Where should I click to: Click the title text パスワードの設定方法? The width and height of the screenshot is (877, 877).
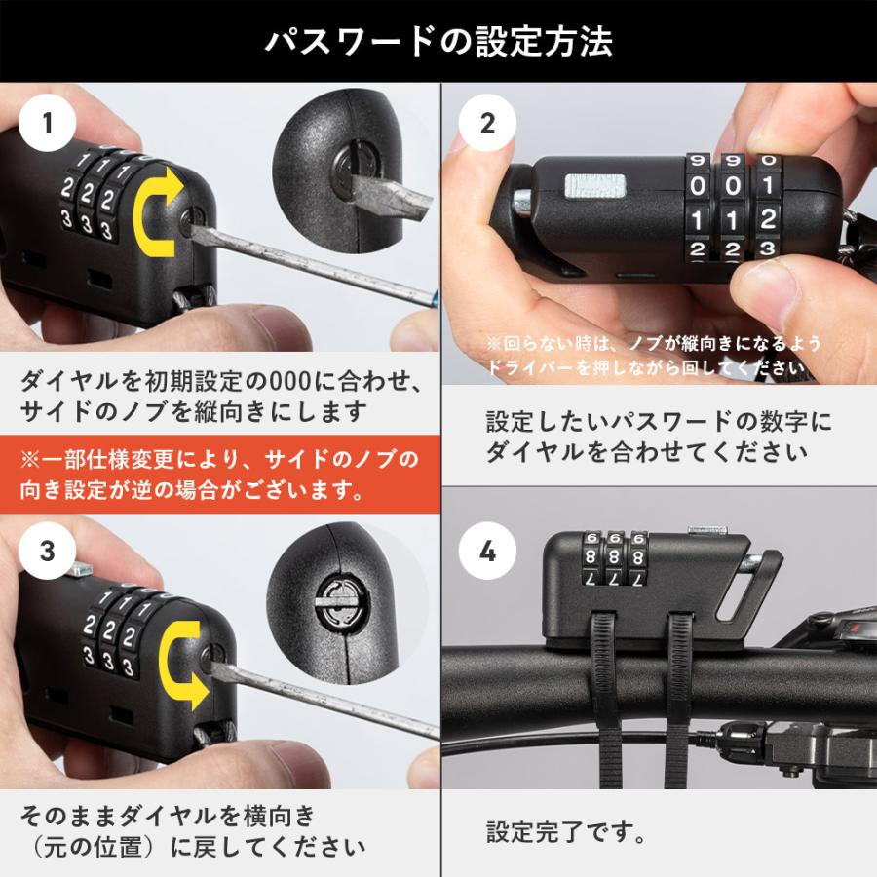pos(438,42)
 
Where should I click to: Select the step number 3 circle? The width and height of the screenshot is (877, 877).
pos(47,552)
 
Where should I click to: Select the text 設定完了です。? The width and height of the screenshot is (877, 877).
pos(564,833)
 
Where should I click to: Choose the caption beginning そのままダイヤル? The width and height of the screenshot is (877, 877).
pos(195,828)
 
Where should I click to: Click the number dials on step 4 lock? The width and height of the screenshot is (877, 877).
pos(612,559)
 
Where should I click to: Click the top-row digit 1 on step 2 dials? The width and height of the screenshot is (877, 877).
pos(768,185)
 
